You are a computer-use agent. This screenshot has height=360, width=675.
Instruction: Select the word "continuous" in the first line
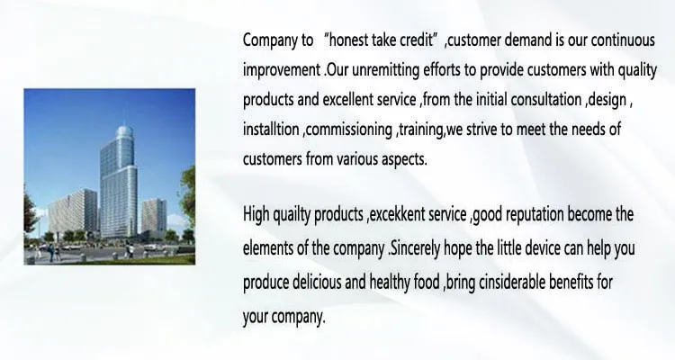[x=623, y=40]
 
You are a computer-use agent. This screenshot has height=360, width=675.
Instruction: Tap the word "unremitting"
[x=385, y=70]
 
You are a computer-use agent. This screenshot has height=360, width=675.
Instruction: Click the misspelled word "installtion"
[x=271, y=130]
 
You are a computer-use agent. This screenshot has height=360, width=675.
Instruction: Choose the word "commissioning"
[x=348, y=130]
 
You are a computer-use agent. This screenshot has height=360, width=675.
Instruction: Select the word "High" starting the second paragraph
[x=256, y=214]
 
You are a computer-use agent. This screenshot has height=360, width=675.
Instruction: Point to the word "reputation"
[x=535, y=214]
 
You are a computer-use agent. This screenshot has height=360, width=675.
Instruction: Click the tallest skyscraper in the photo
[x=119, y=181]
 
